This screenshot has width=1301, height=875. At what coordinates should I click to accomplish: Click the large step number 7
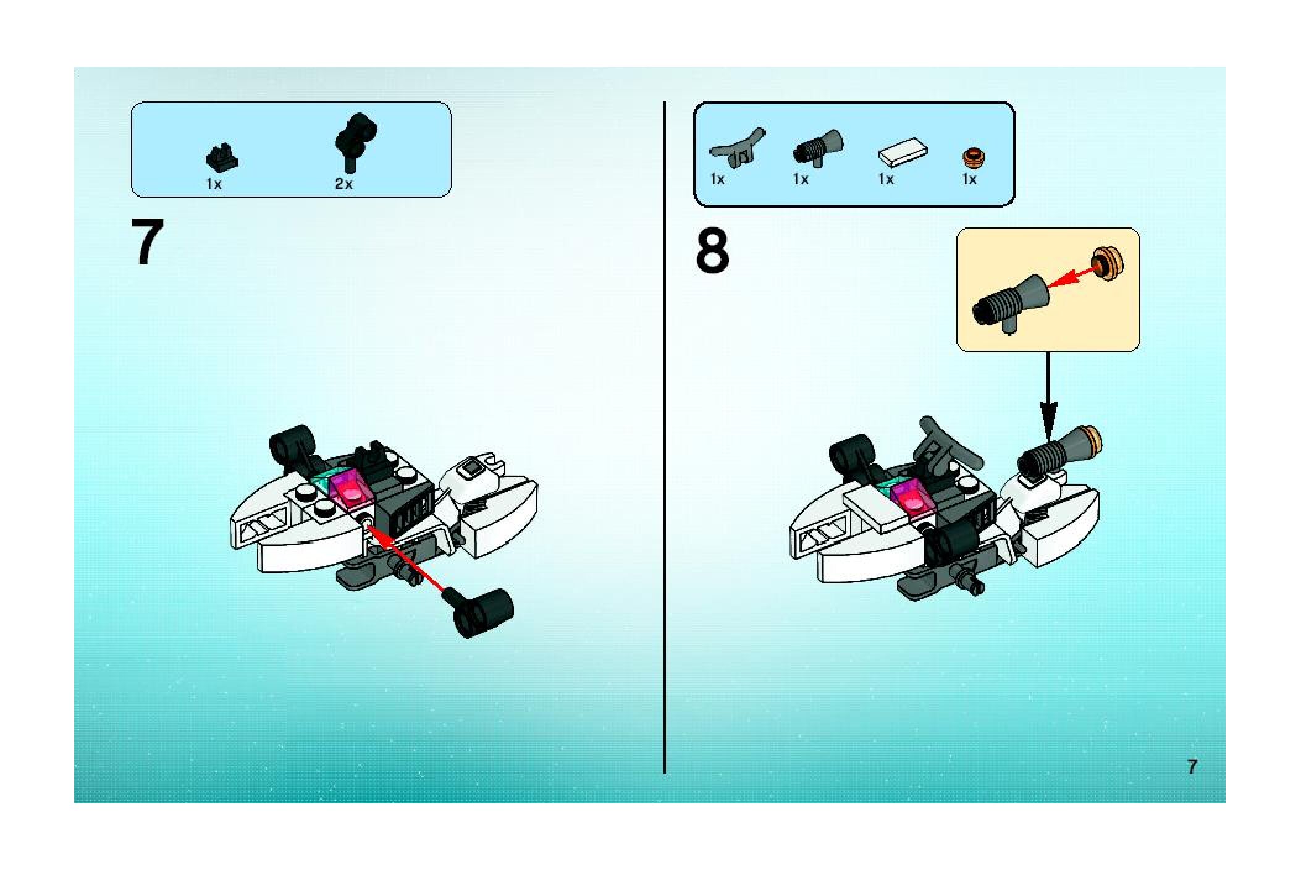tap(148, 242)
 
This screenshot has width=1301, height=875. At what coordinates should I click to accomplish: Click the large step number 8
tap(712, 251)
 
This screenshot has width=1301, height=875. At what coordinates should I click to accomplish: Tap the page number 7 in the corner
tap(1192, 767)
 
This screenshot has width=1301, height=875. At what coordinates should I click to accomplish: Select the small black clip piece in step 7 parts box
tap(222, 158)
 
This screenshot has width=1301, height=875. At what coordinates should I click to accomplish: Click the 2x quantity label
tap(343, 184)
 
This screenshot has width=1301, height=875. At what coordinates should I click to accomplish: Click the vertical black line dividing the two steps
tap(665, 437)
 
